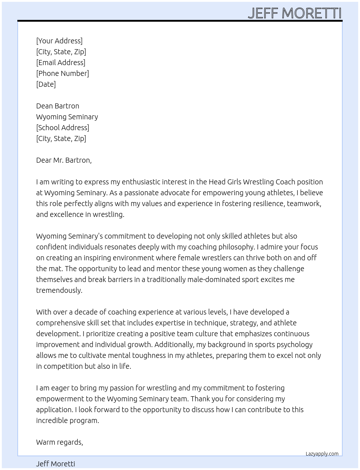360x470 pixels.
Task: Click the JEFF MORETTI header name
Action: point(294,13)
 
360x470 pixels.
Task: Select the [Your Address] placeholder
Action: point(59,41)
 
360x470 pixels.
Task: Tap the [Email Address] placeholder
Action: point(61,63)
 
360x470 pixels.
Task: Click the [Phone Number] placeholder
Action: point(63,73)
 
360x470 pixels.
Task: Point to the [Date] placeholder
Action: point(46,84)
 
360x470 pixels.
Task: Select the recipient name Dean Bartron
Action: point(57,106)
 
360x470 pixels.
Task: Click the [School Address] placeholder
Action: point(63,128)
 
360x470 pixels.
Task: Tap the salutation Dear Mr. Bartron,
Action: point(64,160)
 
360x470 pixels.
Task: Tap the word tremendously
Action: point(59,290)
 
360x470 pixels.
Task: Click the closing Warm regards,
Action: point(59,442)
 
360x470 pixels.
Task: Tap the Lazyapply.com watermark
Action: point(322,454)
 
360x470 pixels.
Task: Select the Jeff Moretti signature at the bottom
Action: point(56,464)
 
